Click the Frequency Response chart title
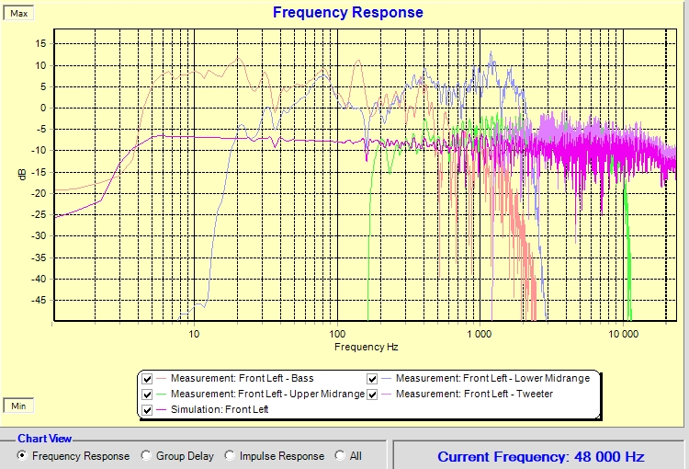coord(347,13)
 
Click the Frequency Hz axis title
coord(367,347)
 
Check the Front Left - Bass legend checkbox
coord(148,379)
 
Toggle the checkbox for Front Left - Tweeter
coord(373,395)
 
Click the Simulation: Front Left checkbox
coord(148,410)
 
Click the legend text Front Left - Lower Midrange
coord(492,379)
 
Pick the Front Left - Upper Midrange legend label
coord(267,395)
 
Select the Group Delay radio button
coord(146,456)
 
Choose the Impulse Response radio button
coord(231,456)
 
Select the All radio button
coord(341,456)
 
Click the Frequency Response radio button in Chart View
coord(23,456)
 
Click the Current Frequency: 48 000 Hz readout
coord(540,456)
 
